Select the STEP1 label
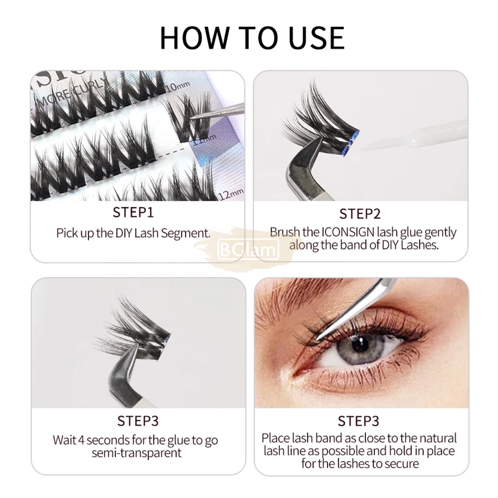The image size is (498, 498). (x=133, y=212)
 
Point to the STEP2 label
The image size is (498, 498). (x=360, y=214)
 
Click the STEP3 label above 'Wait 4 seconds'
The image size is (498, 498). (x=138, y=421)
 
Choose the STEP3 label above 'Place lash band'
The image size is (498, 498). (x=359, y=421)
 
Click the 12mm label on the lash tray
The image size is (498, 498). (x=231, y=194)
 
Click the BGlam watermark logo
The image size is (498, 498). (x=249, y=249)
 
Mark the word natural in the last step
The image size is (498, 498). (x=438, y=438)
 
